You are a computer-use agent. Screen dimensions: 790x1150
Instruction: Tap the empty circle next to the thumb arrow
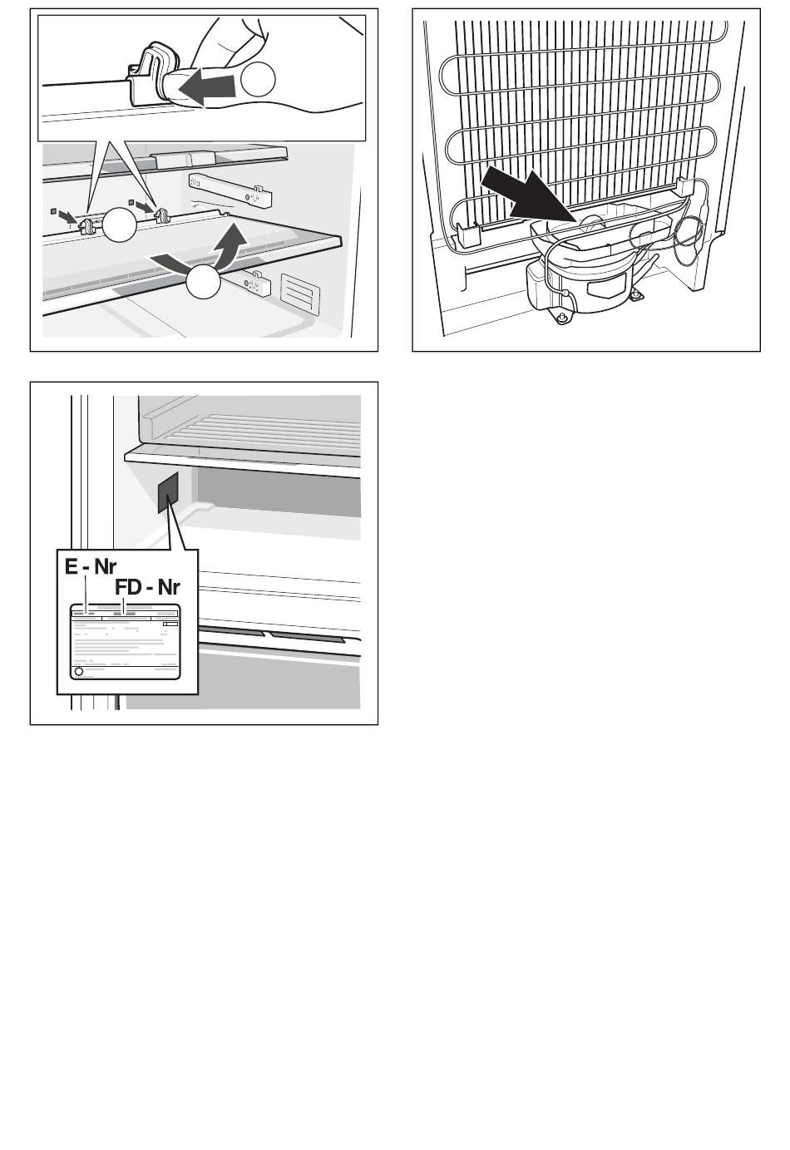click(258, 78)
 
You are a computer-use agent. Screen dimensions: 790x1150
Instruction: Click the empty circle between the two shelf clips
click(119, 225)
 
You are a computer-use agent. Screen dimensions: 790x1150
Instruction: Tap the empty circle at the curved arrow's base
click(203, 282)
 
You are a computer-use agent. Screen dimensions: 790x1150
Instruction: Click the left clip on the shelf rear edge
click(86, 224)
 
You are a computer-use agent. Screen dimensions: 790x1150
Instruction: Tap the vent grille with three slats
click(299, 294)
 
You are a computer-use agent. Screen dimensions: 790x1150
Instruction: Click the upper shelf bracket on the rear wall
click(230, 189)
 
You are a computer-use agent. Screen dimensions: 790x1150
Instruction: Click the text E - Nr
click(91, 567)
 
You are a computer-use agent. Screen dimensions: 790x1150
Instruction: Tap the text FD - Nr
click(147, 587)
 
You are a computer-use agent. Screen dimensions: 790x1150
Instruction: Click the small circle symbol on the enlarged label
click(79, 672)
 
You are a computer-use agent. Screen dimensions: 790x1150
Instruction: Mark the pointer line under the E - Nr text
click(86, 594)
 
